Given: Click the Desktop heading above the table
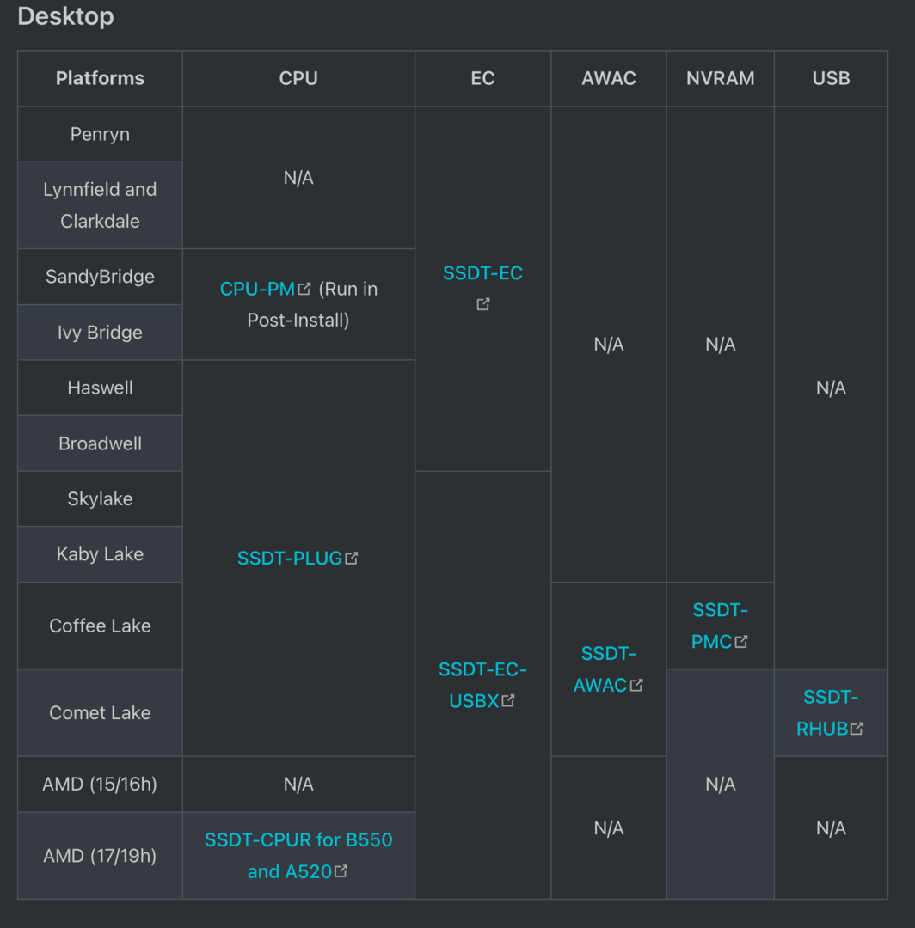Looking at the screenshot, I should (x=65, y=16).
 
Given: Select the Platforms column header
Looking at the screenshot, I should (x=100, y=78).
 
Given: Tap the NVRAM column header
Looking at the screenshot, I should (x=720, y=78).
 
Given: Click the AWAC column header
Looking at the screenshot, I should (x=608, y=78).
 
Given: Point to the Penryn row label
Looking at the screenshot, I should (x=100, y=134).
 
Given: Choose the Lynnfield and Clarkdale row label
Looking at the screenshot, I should (x=100, y=205).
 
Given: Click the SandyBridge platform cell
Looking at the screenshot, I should (x=100, y=277).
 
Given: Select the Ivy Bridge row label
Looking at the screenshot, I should (x=100, y=333).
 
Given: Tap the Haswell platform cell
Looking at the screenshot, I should (x=100, y=388).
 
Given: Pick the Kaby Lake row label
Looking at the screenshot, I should (x=100, y=554).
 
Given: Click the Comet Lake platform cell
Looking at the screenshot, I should (x=100, y=712).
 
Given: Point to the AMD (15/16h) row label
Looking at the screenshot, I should (x=100, y=784).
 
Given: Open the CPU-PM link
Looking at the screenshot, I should (x=258, y=289).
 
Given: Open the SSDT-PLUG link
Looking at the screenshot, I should (x=291, y=558).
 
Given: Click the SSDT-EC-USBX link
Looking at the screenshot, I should (x=482, y=685).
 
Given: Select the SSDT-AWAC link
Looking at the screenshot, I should (x=608, y=669).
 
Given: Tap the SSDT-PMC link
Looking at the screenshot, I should (x=719, y=626).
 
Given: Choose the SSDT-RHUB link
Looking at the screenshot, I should (x=830, y=712).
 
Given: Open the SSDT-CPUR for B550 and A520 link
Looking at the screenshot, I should (x=298, y=855).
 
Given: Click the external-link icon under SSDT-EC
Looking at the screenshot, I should (x=483, y=304).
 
